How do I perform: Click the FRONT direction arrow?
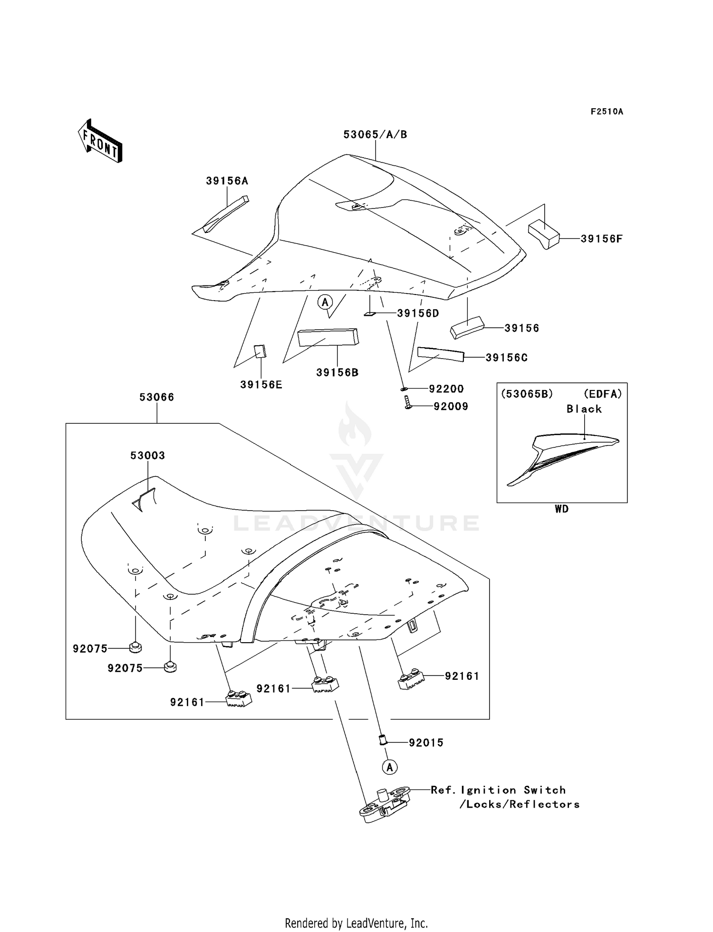[100, 141]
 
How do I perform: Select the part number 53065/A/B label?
[375, 134]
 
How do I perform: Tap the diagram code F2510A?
[607, 112]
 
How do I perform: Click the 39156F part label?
[601, 239]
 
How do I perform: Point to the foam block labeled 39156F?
[544, 234]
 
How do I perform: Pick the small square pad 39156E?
[260, 352]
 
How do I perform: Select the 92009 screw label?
[451, 406]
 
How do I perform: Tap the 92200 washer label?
[446, 389]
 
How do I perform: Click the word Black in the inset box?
[584, 409]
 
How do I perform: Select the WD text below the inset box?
[561, 509]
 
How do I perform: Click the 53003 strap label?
[147, 456]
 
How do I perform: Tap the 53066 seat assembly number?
[156, 397]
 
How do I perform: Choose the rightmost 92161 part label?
[462, 676]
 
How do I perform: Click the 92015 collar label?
[426, 742]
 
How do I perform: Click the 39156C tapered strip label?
[506, 358]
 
